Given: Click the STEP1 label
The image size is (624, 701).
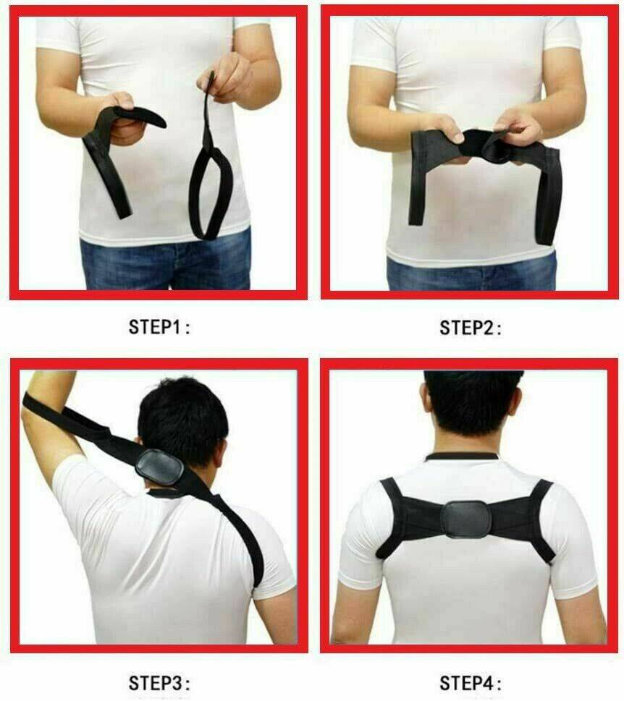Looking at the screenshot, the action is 159,327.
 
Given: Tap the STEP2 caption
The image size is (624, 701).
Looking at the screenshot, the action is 470,328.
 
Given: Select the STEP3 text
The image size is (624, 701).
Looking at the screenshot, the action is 159,683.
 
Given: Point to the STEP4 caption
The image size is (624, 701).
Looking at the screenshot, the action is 470,683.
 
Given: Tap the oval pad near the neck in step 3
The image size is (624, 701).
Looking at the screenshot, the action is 160,467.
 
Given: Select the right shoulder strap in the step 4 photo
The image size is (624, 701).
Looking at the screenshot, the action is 542,519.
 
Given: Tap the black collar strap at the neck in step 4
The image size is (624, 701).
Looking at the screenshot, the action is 460,456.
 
